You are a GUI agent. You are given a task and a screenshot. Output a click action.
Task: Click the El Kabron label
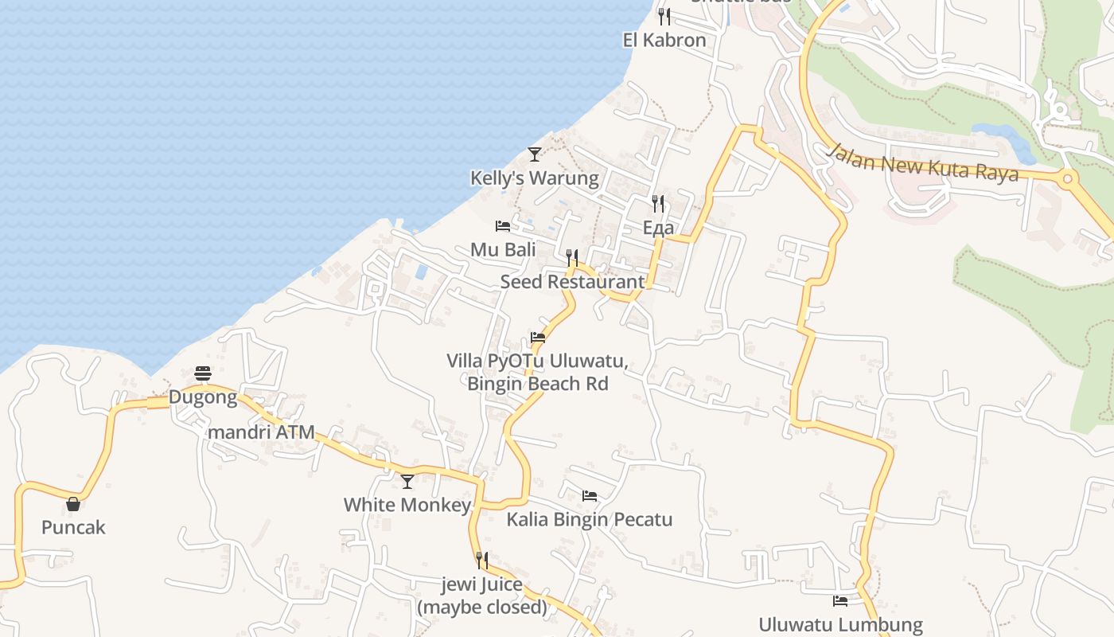coord(664,40)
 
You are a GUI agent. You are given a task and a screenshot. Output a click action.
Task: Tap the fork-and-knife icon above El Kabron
coord(664,16)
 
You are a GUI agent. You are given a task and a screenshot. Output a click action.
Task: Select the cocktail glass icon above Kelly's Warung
coord(535,154)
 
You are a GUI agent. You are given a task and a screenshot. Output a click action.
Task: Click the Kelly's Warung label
coord(534,178)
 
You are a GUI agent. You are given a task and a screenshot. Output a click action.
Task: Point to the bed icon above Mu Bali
coord(502,226)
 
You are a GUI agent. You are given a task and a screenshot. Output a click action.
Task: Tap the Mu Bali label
coord(503,249)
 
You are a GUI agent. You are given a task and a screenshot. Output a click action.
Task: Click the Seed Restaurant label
coord(572,281)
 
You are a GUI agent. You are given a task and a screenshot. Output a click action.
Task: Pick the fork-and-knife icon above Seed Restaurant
coord(572,257)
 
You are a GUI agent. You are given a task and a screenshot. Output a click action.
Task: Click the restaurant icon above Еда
coord(658,204)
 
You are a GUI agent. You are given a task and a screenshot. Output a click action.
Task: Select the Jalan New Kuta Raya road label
coord(923,162)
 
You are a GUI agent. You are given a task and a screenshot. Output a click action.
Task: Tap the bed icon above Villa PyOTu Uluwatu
coord(538,338)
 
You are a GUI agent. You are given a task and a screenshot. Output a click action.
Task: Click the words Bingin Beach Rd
coord(538,384)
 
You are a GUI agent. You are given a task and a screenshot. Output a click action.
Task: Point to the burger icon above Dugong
coord(203,373)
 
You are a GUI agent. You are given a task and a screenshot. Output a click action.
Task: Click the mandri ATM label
coord(261,432)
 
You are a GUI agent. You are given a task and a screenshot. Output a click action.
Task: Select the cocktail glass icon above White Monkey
coord(407,481)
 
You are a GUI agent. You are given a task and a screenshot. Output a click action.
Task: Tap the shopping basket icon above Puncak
coord(73,503)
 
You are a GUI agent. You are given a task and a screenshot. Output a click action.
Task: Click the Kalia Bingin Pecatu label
coord(590,520)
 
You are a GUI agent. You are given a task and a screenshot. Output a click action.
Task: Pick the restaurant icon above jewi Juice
coord(482,561)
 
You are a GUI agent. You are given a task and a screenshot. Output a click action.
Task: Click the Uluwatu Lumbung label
coord(840,625)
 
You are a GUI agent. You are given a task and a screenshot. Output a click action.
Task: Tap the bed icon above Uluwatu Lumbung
coord(840,601)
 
